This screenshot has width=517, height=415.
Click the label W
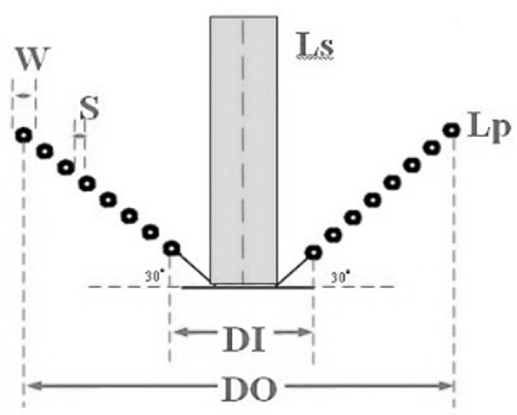coord(34,60)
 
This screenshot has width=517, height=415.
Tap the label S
coord(90,108)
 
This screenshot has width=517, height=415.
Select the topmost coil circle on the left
coord(24,135)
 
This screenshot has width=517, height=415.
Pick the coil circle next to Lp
coord(451,130)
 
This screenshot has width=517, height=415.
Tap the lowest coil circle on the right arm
coord(313,252)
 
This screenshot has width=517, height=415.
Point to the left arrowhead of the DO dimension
coord(30,385)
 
